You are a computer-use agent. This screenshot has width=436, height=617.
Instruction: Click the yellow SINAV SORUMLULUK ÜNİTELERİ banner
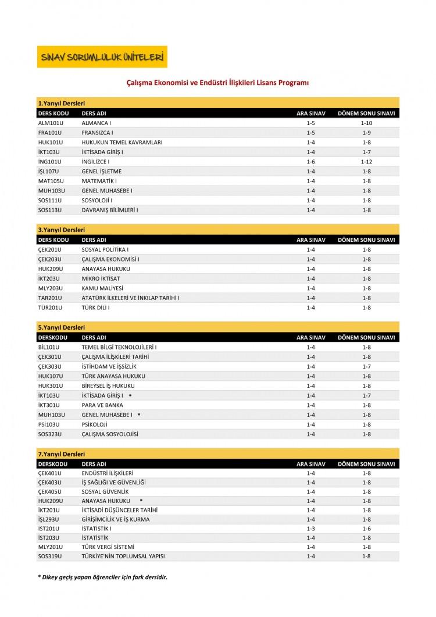pos(102,57)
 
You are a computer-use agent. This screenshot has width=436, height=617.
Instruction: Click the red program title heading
pos(217,83)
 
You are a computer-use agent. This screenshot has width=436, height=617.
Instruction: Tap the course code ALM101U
pos(49,123)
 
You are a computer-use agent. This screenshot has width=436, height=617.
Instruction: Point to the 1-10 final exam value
pos(366,123)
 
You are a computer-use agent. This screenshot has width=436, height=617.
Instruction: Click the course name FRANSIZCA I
pos(97,133)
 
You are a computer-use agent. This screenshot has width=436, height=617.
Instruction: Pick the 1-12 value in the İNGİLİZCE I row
pos(366,161)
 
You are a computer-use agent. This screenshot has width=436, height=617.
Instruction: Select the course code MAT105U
pos(50,181)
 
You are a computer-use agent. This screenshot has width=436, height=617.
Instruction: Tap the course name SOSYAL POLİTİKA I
pos(105,249)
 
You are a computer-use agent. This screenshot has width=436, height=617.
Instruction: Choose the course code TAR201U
pos(49,298)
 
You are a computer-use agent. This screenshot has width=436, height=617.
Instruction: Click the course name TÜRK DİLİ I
pos(96,307)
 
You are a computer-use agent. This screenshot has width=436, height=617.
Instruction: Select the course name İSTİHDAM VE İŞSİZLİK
pos(109,366)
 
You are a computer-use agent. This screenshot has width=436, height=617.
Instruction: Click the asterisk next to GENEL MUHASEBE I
pos(140,415)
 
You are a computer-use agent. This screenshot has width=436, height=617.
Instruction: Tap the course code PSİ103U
pos(49,425)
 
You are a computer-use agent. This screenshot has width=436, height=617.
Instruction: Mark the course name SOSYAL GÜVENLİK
pos(105,491)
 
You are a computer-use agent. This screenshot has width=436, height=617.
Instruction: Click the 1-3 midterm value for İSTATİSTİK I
pos(310,528)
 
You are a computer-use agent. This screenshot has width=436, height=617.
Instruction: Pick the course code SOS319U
pos(49,557)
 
